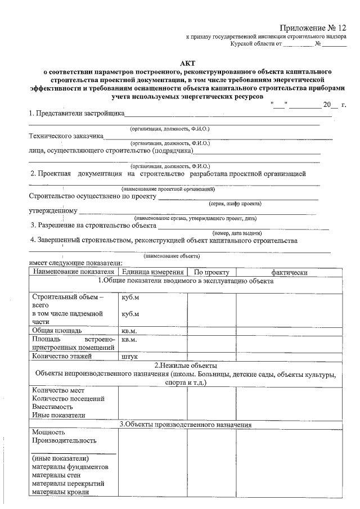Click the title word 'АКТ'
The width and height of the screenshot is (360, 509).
pos(188,64)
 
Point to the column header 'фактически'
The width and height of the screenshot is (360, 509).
pos(289,272)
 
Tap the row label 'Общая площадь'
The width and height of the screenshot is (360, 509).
pos(57,330)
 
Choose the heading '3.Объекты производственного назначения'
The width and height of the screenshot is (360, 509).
pos(185,425)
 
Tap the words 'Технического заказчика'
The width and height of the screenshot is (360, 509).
pos(66,136)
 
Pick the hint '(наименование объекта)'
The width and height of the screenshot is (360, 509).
pos(169,255)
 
